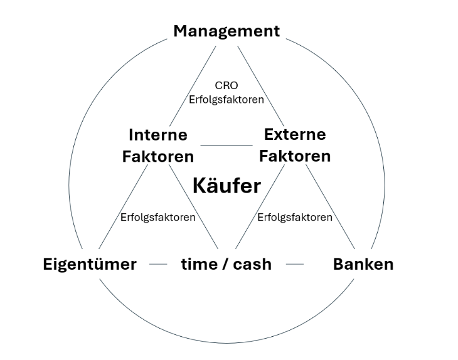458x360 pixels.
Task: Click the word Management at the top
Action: point(226,31)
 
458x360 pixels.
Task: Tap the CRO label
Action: point(226,85)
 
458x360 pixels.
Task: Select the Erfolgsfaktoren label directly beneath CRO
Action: point(226,99)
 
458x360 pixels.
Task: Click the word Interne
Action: point(157,134)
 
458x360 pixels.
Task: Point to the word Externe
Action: point(295,134)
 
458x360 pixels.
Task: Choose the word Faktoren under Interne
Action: point(157,156)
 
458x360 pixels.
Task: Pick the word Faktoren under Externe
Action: point(295,156)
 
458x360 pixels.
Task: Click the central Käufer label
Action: point(226,186)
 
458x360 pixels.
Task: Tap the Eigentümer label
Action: point(90,264)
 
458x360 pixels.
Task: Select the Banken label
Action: point(363,264)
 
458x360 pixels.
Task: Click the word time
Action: point(198,264)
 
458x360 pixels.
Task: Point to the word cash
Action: point(252,264)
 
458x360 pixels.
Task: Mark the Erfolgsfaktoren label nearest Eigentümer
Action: point(157,218)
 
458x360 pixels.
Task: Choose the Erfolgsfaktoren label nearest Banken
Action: point(295,218)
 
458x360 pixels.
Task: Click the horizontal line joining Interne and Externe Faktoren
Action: point(226,146)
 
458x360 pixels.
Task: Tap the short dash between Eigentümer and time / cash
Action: point(158,265)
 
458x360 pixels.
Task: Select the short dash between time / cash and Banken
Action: point(294,265)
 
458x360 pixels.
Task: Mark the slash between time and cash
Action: point(224,264)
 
